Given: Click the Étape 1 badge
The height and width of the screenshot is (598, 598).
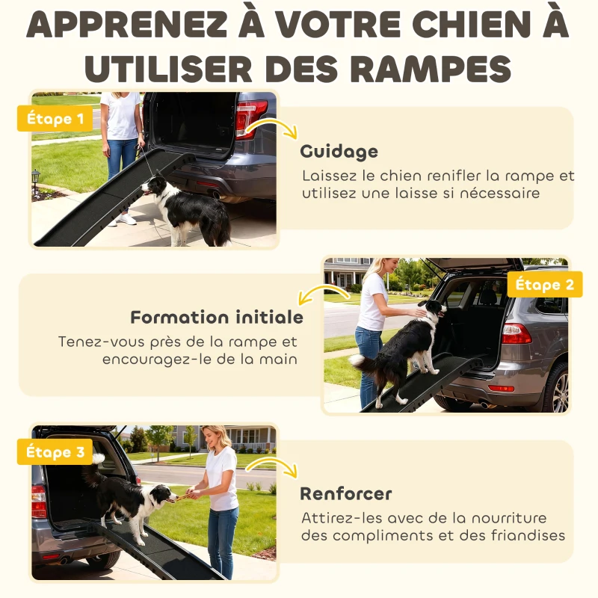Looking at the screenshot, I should click(55, 118).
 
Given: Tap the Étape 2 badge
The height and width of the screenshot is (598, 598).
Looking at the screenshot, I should click(544, 285).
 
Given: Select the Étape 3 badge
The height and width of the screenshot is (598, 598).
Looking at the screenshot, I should click(55, 452).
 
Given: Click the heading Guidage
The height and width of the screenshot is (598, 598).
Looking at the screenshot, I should click(339, 152).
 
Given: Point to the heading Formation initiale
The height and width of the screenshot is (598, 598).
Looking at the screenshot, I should click(217, 317).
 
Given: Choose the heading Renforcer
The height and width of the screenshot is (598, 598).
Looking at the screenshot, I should click(345, 494).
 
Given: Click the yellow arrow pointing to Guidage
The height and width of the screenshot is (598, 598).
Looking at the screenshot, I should click(277, 127).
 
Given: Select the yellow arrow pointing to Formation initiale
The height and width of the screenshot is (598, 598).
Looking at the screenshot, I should click(312, 294).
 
